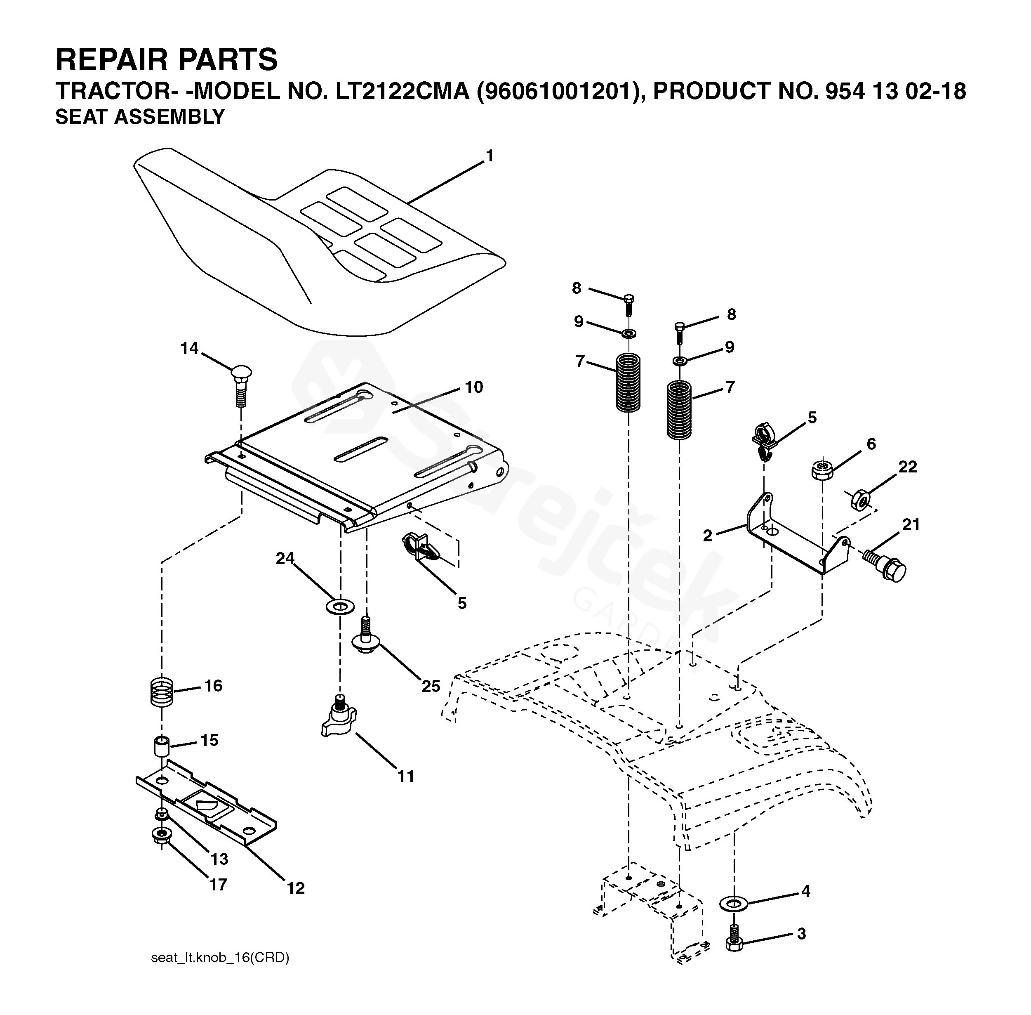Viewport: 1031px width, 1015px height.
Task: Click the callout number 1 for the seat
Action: click(489, 156)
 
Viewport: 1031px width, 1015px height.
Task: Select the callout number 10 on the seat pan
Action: click(474, 387)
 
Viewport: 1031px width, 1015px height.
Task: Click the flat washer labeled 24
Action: click(339, 606)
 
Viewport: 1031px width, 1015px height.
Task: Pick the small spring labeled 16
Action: click(161, 692)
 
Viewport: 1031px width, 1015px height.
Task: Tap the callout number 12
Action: click(296, 888)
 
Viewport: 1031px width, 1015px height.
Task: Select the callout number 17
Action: click(218, 884)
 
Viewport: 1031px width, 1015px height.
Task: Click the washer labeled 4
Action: click(734, 903)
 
